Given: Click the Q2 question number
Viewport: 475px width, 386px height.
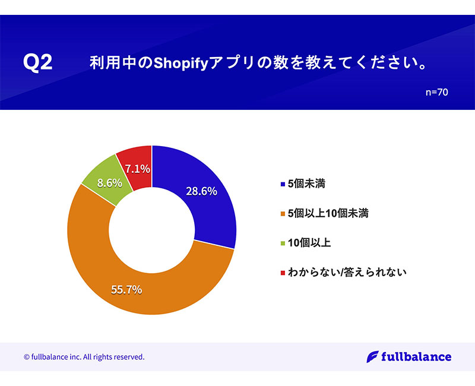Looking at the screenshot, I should (x=37, y=63).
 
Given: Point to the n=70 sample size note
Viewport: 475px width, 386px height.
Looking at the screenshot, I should (x=436, y=93).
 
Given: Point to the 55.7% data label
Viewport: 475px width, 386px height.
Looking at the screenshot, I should (x=126, y=290).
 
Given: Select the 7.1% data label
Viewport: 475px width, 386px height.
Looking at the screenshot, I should (x=138, y=169).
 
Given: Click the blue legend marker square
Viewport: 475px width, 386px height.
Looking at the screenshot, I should (x=281, y=185).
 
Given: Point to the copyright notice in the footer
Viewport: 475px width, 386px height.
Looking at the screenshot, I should (x=84, y=357).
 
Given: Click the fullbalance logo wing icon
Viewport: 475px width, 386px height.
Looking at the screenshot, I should (x=372, y=357).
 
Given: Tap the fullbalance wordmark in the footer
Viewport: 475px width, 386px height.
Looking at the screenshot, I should (x=416, y=357).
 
